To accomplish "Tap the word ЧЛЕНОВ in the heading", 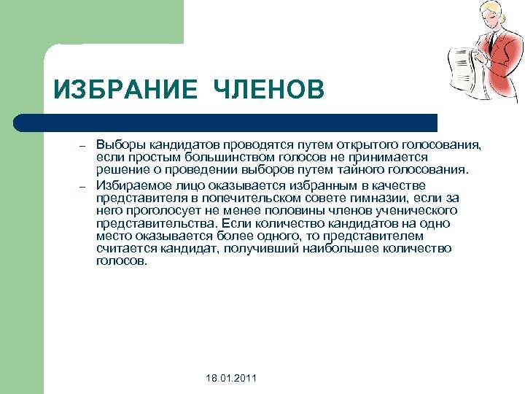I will pyautogui.click(x=269, y=91).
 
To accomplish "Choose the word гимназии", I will pyautogui.click(x=363, y=197).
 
